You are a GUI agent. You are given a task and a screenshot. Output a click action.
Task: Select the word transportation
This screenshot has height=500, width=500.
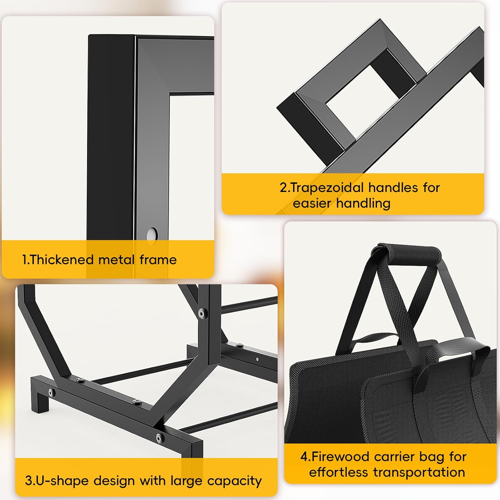pyautogui.click(x=419, y=472)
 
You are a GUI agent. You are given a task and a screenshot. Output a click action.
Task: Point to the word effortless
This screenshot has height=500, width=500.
pyautogui.click(x=339, y=472)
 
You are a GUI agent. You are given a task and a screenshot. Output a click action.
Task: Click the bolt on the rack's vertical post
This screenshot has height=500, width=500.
pyautogui.click(x=202, y=313)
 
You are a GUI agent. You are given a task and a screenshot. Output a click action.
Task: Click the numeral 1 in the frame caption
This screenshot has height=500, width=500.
pyautogui.click(x=24, y=260)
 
